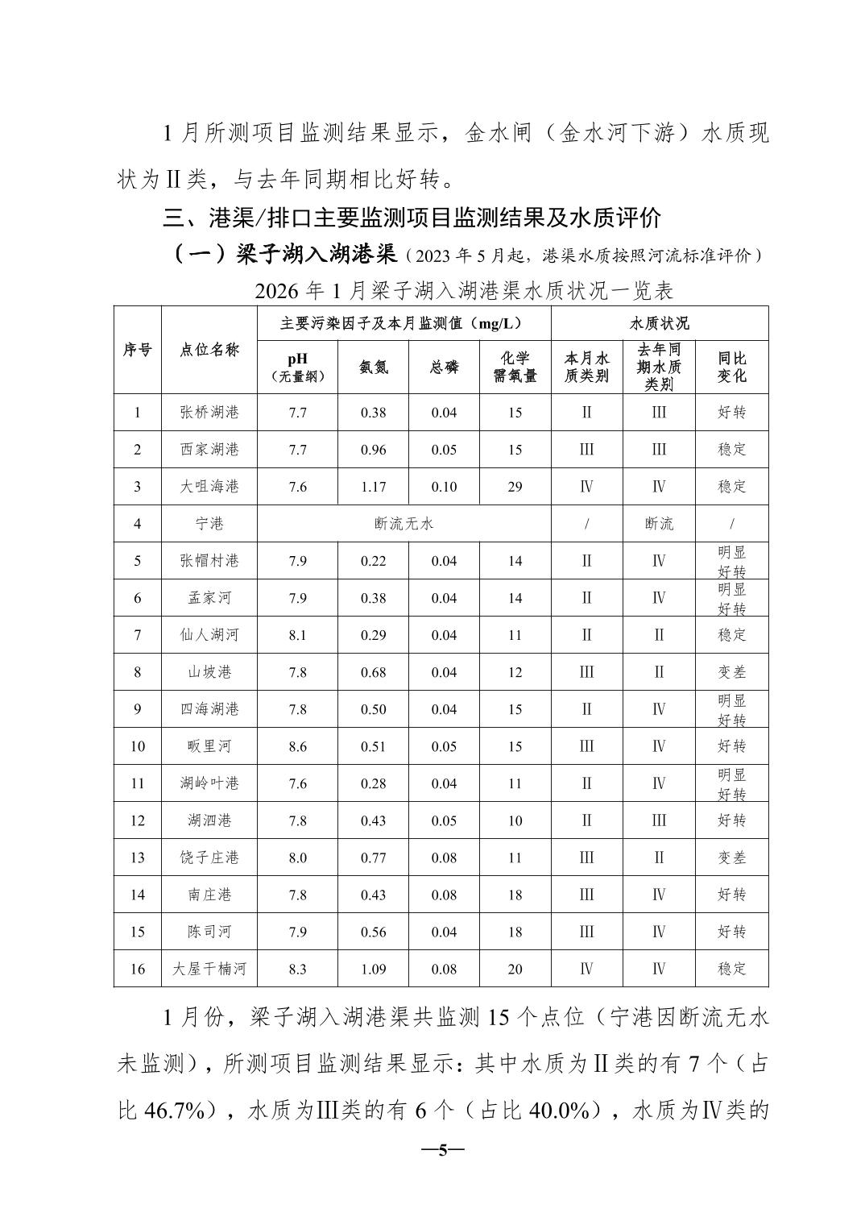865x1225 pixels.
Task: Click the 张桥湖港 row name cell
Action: click(209, 413)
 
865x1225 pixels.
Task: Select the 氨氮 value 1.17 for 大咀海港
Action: click(373, 487)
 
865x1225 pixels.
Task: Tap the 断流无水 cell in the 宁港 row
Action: click(404, 524)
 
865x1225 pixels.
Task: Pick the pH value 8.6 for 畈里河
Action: click(297, 746)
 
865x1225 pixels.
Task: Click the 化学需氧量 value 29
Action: click(515, 487)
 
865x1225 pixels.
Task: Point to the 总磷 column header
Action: click(444, 367)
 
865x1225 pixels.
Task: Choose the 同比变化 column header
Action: click(731, 367)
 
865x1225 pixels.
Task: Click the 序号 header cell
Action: click(137, 350)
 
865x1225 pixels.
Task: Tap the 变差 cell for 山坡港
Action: click(731, 672)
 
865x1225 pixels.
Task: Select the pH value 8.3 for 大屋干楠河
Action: click(297, 969)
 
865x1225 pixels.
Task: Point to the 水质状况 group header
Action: click(659, 323)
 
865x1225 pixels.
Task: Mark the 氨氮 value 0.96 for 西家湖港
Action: click(373, 450)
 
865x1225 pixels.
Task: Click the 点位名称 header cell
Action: click(209, 350)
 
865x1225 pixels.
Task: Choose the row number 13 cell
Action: click(137, 857)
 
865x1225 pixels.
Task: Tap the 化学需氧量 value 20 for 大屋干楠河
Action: click(515, 969)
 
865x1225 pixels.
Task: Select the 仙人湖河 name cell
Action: click(209, 635)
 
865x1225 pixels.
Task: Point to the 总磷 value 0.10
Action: click(444, 487)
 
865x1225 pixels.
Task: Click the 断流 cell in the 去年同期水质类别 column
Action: click(659, 524)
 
